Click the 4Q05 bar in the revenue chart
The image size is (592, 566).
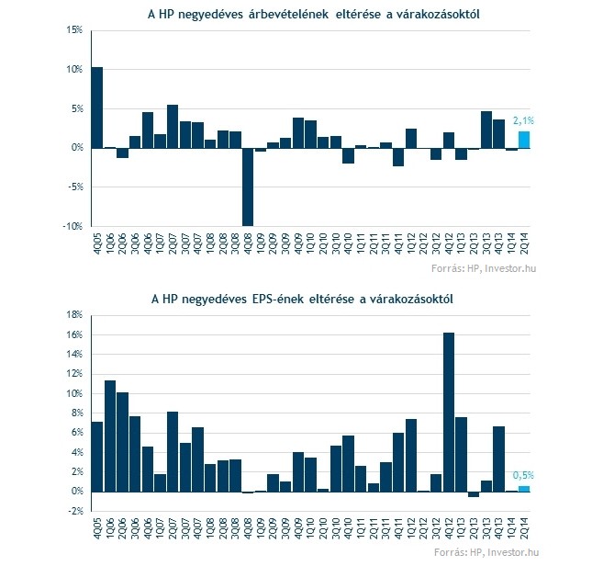click(x=97, y=108)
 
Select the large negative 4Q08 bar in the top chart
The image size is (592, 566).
click(x=248, y=187)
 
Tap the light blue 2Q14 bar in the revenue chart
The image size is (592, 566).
click(x=524, y=140)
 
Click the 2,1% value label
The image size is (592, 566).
click(x=523, y=121)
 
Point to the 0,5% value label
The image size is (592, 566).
click(x=523, y=476)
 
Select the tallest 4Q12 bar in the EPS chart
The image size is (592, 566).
click(x=449, y=413)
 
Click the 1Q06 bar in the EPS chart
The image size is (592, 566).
click(x=110, y=436)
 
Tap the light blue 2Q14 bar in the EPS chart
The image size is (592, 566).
click(x=524, y=489)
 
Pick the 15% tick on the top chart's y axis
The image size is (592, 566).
click(x=74, y=29)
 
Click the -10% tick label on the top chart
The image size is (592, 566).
click(x=73, y=226)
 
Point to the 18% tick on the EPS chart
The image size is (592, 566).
click(x=74, y=315)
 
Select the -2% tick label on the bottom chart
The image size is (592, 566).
click(x=74, y=511)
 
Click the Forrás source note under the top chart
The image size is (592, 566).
click(x=484, y=268)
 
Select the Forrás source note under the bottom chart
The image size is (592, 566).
click(x=486, y=552)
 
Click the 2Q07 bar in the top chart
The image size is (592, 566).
click(x=173, y=127)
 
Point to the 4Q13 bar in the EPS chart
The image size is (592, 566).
click(x=498, y=459)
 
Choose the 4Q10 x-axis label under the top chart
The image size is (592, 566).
click(x=348, y=243)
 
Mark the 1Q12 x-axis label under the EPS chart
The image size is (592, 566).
click(x=411, y=528)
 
